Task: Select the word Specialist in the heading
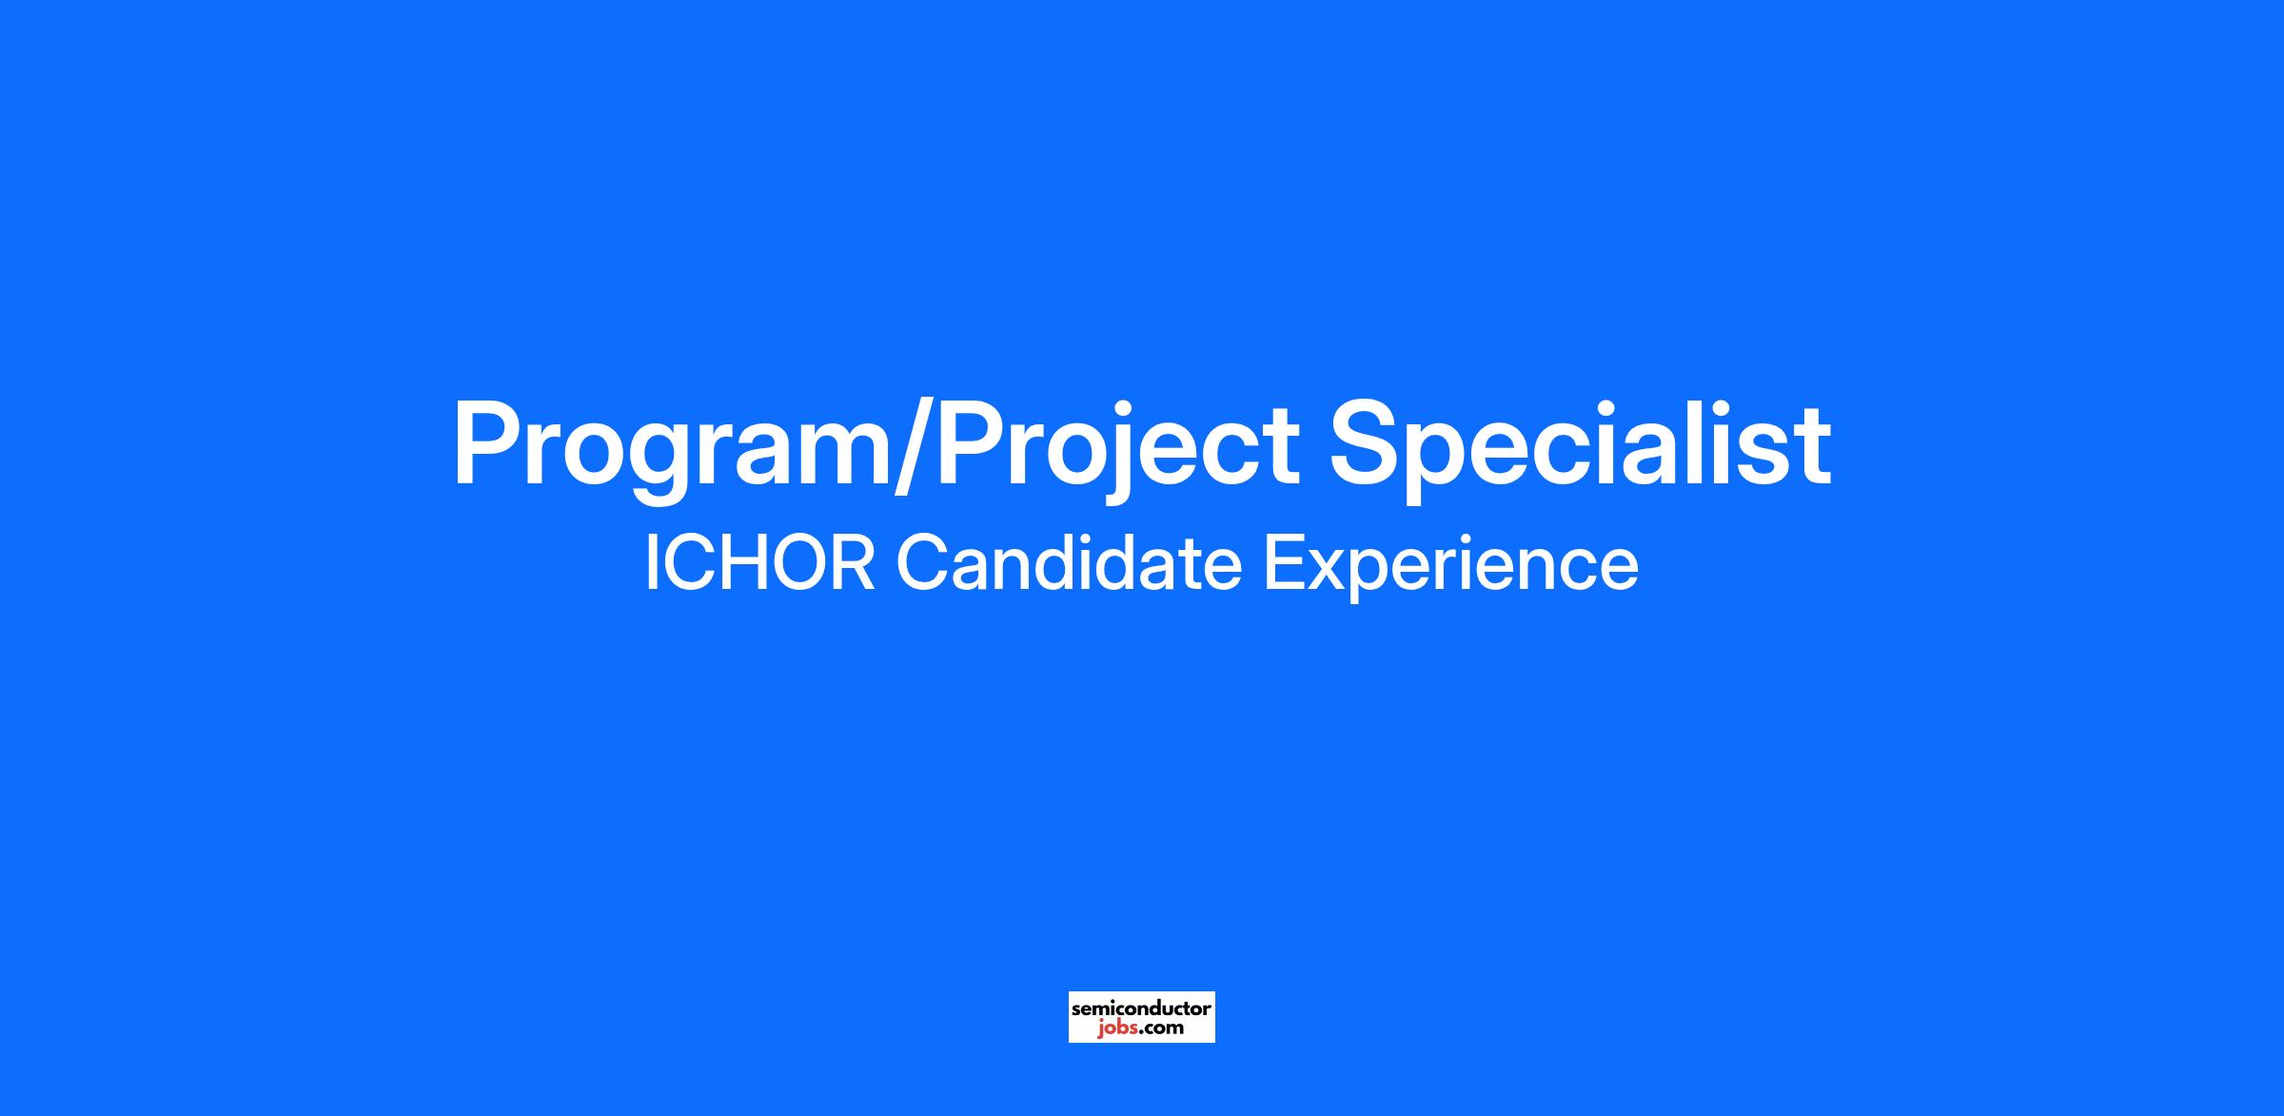[x=1580, y=445]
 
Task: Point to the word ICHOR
[x=759, y=563]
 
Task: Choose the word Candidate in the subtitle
[x=1069, y=562]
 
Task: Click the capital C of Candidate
[x=923, y=563]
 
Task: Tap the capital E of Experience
[x=1285, y=563]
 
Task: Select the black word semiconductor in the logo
[x=1141, y=1008]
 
